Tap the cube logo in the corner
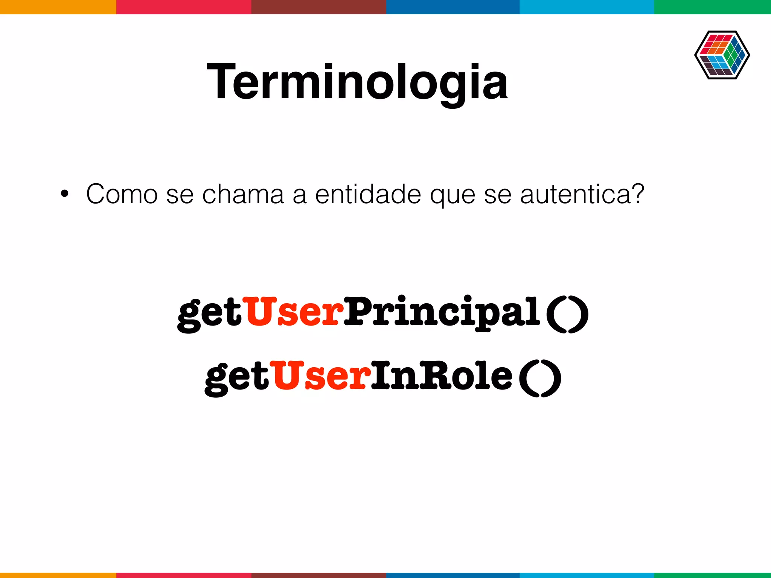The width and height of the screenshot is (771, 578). click(722, 55)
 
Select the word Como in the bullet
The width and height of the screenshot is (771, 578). click(122, 195)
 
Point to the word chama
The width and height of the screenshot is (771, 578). click(243, 195)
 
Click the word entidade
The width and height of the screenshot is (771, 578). click(368, 195)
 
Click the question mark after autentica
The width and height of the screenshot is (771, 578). click(637, 194)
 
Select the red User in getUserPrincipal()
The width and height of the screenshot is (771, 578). click(293, 312)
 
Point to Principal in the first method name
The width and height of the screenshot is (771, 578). click(442, 312)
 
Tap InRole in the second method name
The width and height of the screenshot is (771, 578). click(441, 376)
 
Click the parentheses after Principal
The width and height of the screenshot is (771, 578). click(567, 314)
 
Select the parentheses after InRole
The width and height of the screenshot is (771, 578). click(540, 378)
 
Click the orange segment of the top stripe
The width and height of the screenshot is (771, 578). click(58, 7)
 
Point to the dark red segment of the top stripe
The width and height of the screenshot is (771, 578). click(318, 7)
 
